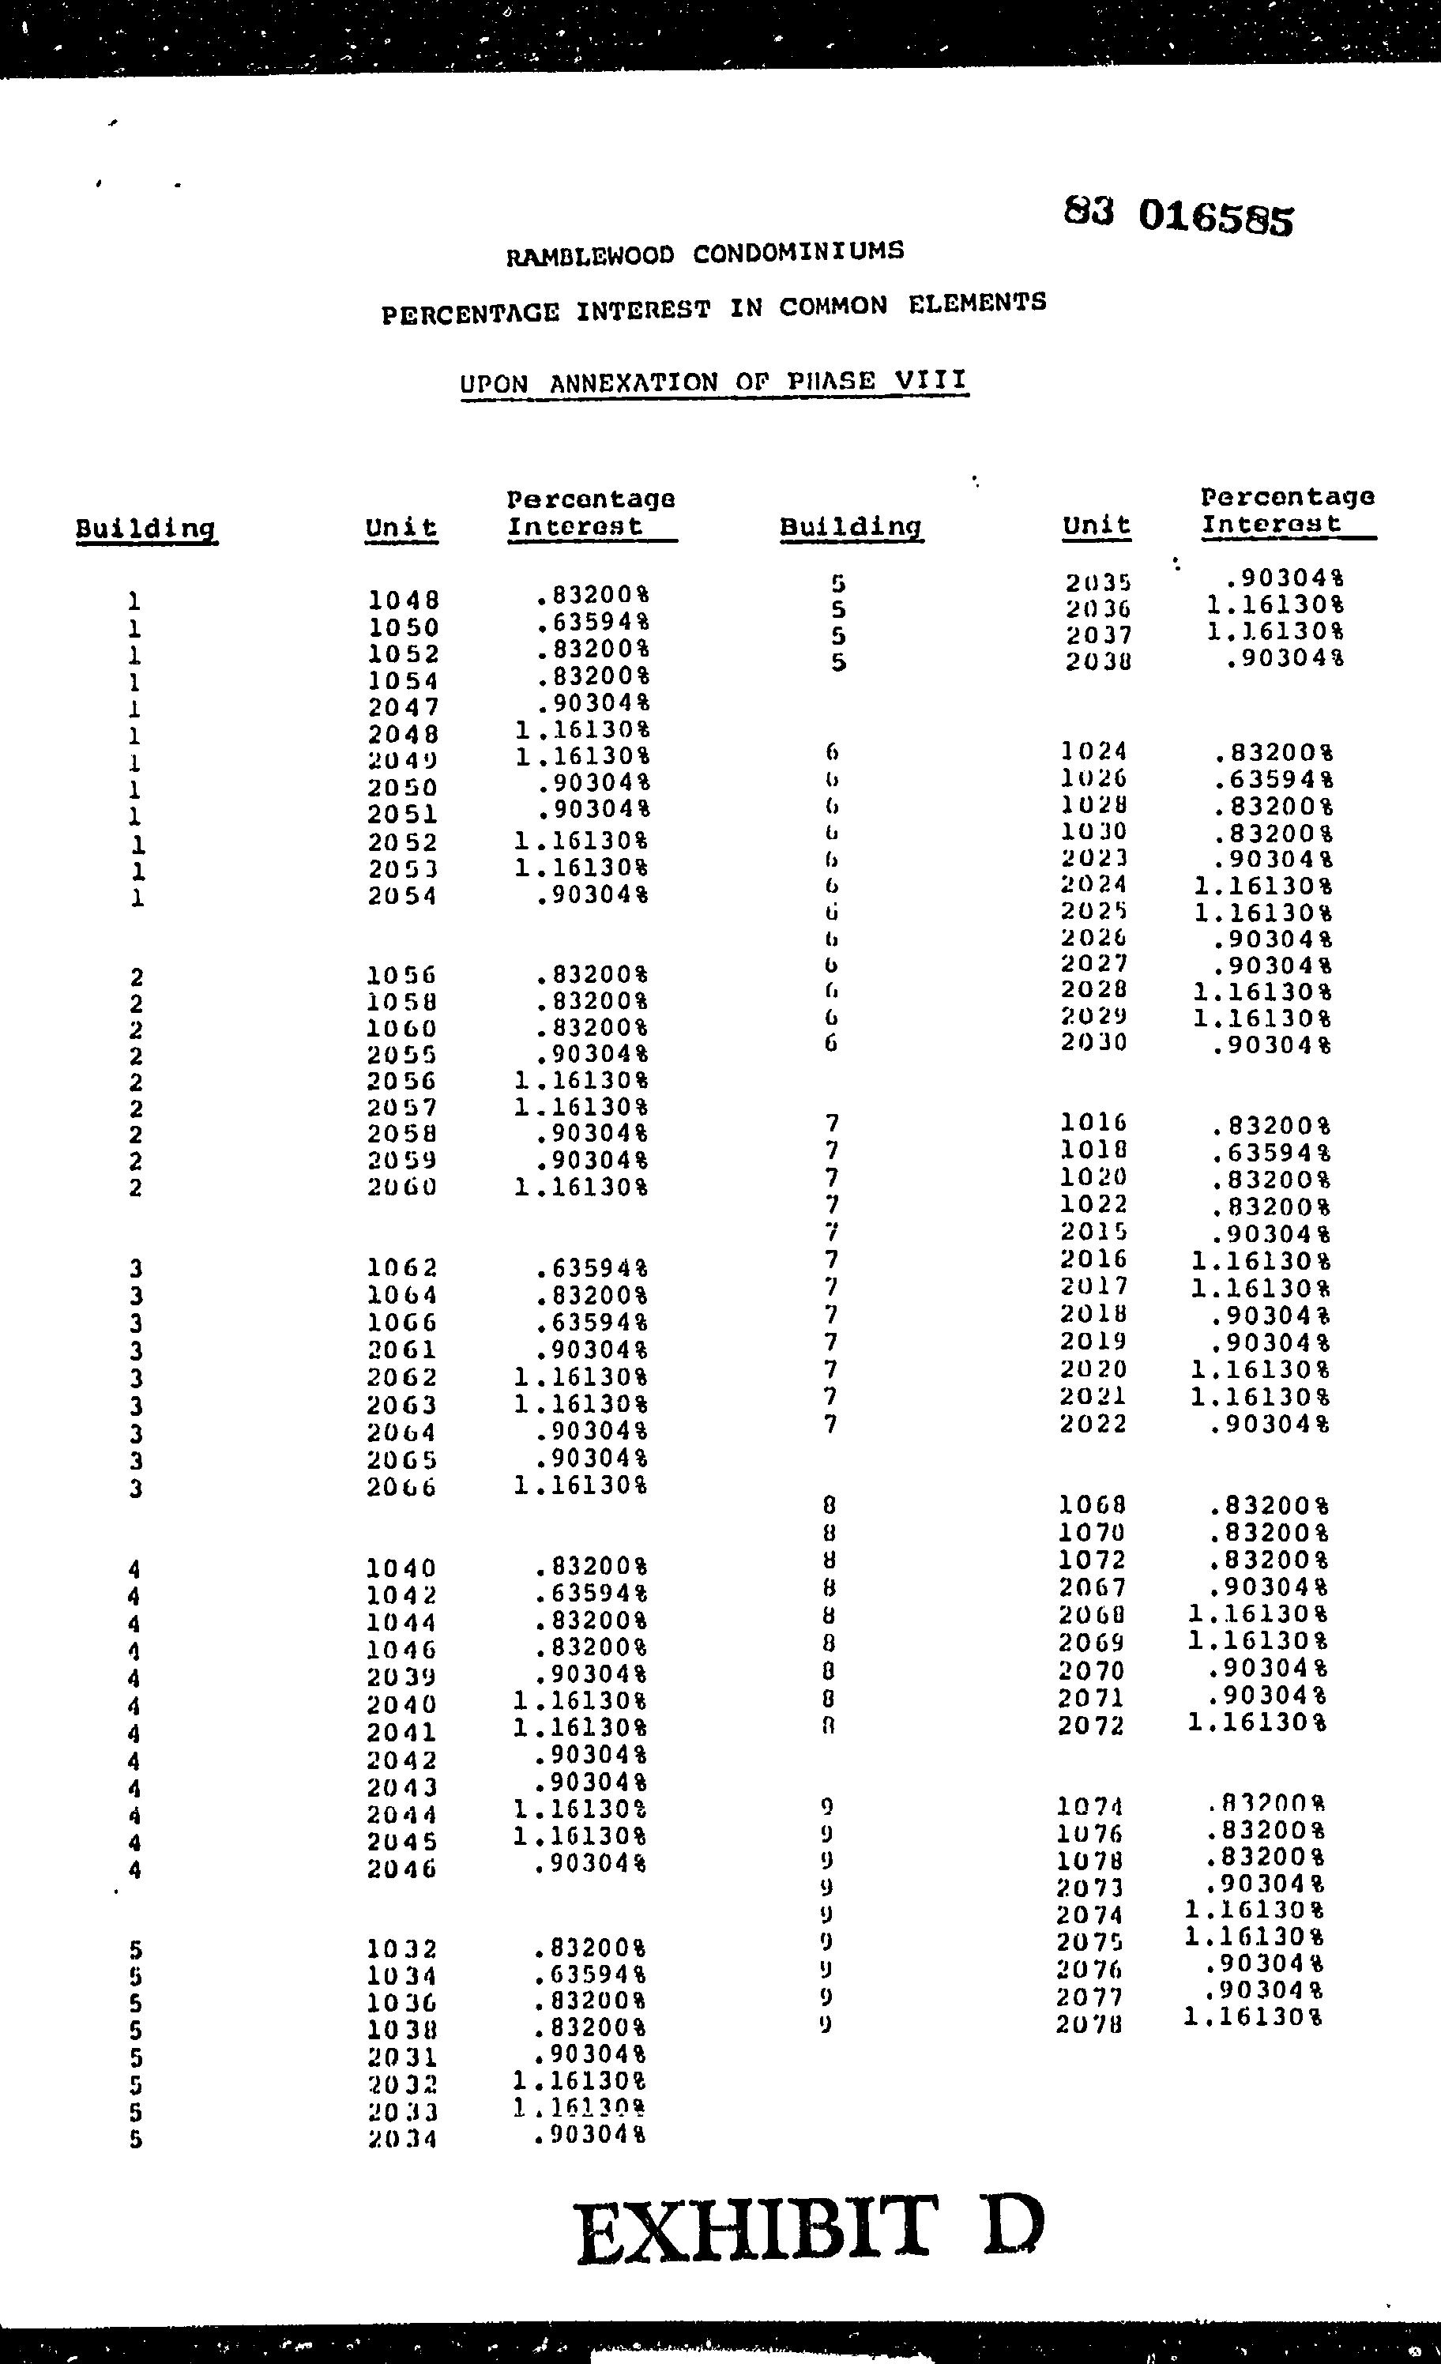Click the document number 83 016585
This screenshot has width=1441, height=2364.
(1178, 216)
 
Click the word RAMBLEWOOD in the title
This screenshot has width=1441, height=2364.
(590, 255)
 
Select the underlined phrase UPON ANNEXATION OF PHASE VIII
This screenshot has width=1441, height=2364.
(713, 382)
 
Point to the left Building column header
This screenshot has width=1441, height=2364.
(146, 529)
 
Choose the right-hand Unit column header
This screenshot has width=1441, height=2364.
(1097, 525)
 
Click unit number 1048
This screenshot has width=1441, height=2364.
(403, 600)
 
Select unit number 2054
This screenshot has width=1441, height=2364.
(402, 896)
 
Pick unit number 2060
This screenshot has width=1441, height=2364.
(402, 1187)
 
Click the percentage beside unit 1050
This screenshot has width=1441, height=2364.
(591, 623)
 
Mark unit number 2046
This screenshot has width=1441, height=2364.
(402, 1869)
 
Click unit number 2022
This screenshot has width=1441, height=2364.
(1093, 1424)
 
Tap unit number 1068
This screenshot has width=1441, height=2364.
(1093, 1505)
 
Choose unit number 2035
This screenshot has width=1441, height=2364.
(1098, 582)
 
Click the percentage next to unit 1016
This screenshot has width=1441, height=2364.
(1270, 1124)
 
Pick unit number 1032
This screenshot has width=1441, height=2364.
(402, 1949)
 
